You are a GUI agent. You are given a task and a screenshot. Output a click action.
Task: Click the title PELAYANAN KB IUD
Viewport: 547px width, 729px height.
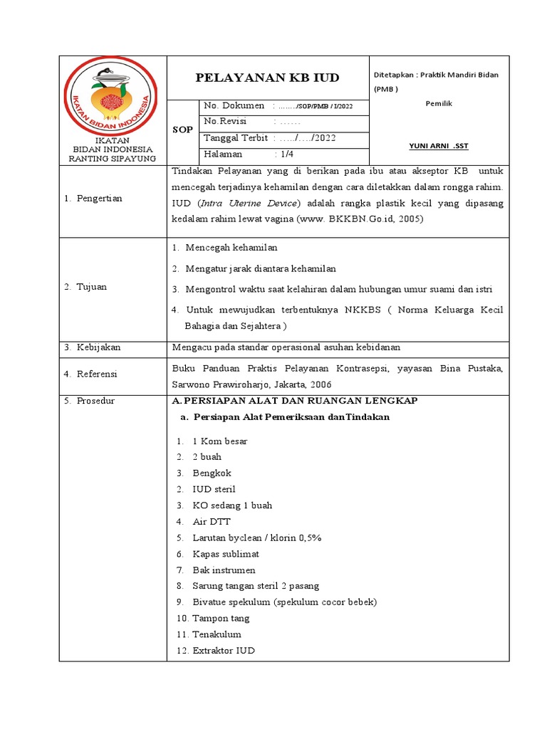267,78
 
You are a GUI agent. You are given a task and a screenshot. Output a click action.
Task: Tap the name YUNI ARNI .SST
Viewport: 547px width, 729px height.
439,146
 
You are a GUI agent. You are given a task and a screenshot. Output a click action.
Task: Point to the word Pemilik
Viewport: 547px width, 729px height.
439,104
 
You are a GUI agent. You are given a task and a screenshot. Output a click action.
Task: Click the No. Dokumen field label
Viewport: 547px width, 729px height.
234,106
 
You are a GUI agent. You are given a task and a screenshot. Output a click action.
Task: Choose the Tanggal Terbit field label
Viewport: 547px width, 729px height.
236,138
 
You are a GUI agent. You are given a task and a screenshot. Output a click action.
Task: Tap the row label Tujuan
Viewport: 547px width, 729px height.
92,287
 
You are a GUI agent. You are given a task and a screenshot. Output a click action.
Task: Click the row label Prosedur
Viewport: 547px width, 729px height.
95,401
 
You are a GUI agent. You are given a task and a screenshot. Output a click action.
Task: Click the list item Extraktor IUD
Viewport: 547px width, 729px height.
223,651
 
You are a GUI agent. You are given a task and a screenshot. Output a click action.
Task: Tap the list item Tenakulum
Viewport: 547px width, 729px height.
217,634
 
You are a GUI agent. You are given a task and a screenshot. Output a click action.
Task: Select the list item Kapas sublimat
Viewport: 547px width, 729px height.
226,554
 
